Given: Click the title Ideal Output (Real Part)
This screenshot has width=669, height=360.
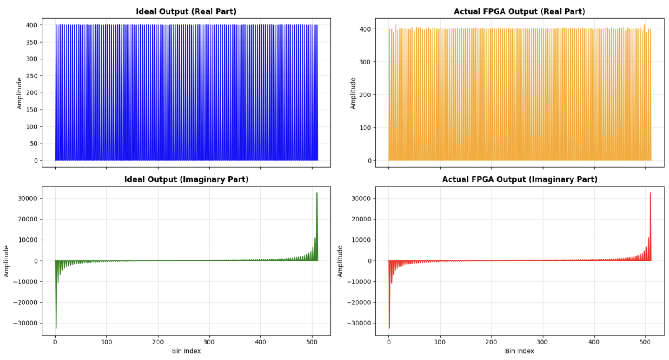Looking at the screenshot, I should tap(186, 11).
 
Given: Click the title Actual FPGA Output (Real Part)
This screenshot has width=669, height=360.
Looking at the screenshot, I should tap(519, 11).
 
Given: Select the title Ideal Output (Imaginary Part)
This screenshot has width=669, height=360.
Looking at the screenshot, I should tap(186, 179).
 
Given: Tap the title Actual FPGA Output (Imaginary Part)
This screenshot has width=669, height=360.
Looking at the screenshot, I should tap(519, 179).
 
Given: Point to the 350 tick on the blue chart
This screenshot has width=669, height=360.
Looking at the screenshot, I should tap(32, 42).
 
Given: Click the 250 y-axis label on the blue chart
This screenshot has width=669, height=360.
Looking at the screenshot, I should tap(32, 76).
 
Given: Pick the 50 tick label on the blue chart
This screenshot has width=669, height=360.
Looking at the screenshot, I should tap(34, 144).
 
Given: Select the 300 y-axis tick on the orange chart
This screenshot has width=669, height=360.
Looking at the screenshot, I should tap(365, 62).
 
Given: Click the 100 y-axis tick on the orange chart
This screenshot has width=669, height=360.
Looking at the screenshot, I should tap(365, 128).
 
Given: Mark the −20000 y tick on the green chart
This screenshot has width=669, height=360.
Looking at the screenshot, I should tap(26, 302).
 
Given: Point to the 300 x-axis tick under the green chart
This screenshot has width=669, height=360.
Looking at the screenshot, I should tap(209, 342).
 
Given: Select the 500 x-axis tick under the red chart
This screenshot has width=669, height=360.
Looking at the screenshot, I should tap(645, 342).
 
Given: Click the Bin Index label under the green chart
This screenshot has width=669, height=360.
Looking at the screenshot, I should tap(186, 351).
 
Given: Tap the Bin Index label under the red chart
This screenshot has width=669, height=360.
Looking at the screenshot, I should tap(519, 351).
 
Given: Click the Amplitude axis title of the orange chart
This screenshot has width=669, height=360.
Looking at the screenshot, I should tap(353, 93).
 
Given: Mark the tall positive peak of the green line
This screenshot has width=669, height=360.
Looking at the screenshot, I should tap(317, 194).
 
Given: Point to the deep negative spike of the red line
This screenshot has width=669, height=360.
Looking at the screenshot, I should tap(389, 327).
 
